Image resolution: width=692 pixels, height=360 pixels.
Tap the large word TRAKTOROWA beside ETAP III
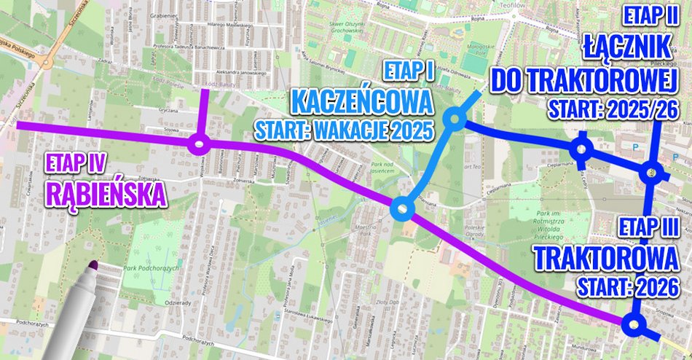[x=611, y=259]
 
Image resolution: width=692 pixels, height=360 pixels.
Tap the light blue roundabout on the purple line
[x=402, y=210]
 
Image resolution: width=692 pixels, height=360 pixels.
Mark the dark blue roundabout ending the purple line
[x=634, y=326]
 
